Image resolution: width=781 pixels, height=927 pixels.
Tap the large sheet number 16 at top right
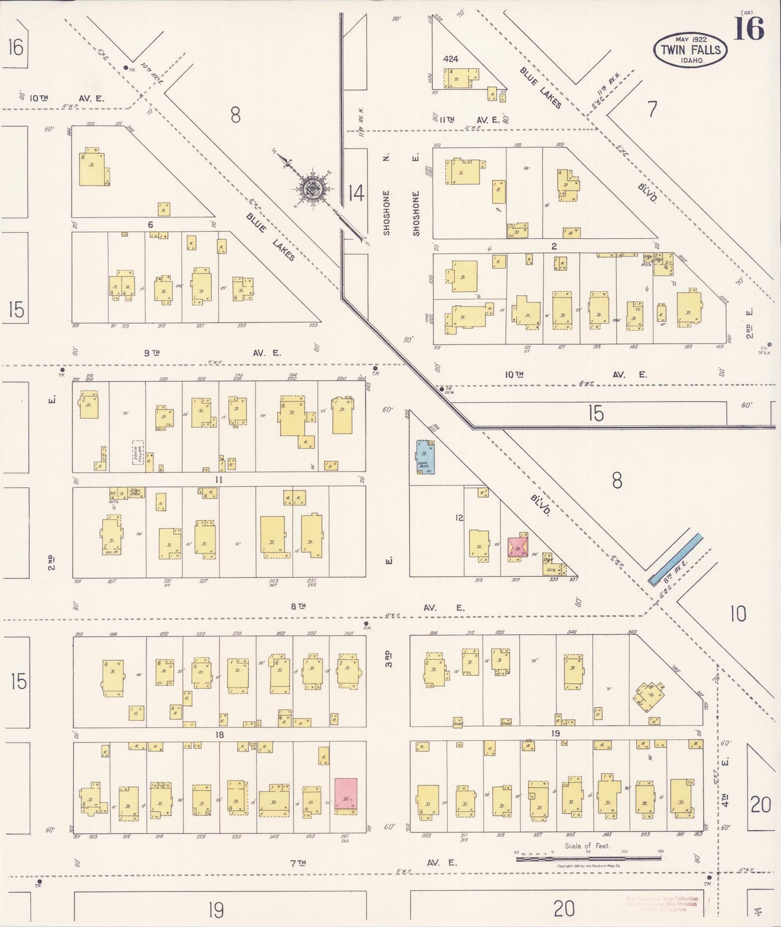(x=749, y=29)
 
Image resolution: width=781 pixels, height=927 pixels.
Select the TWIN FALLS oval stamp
(x=690, y=50)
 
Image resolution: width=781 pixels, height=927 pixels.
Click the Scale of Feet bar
(x=588, y=858)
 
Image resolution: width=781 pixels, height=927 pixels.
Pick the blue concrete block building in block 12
(x=425, y=458)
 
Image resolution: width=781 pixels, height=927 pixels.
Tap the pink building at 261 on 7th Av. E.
(x=346, y=794)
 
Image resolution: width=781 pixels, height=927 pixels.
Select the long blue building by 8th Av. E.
(x=675, y=560)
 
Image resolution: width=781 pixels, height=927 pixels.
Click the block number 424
(x=450, y=59)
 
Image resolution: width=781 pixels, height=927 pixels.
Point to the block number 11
(x=218, y=480)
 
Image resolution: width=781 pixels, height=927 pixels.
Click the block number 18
(x=219, y=734)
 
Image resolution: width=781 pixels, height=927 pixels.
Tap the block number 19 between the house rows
(x=555, y=733)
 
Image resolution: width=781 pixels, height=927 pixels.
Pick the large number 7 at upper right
(x=652, y=110)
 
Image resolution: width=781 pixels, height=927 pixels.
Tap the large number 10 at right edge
(x=738, y=614)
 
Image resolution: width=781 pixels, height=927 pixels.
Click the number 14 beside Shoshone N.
(x=356, y=193)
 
